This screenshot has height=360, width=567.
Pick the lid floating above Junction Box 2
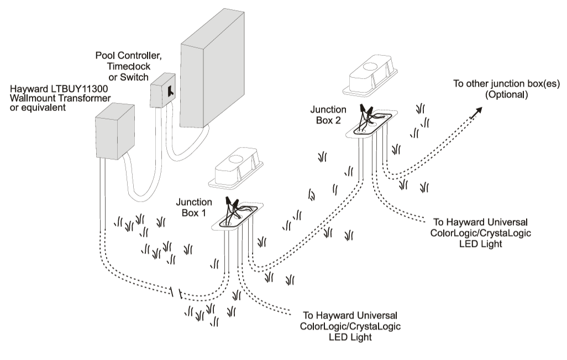(x=370, y=74)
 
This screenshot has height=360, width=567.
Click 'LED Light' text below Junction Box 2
(x=480, y=243)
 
